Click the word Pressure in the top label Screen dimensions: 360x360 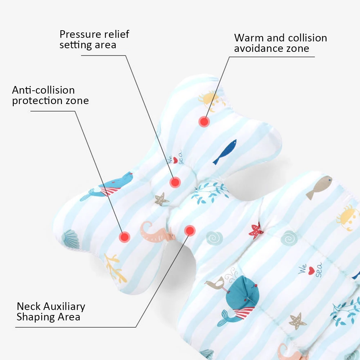click(x=76, y=35)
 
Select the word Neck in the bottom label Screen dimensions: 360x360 click(x=28, y=307)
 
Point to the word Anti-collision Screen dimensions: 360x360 click(x=43, y=90)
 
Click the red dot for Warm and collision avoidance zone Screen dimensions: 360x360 click(x=204, y=122)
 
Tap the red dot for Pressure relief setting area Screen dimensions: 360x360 click(x=175, y=182)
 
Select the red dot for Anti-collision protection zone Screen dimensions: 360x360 click(x=125, y=236)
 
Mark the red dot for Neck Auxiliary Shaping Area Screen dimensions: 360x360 click(x=190, y=230)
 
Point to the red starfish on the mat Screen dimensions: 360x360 click(x=256, y=231)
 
